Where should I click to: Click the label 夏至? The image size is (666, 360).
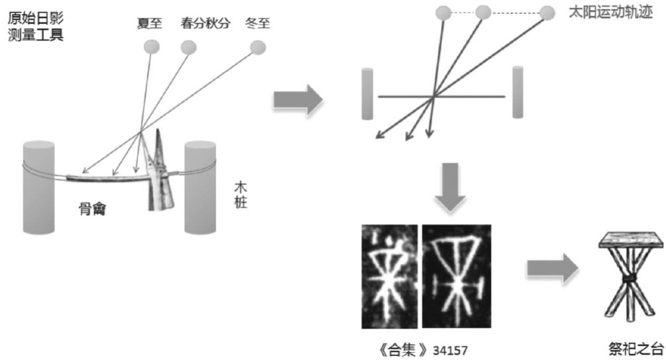tap(151, 23)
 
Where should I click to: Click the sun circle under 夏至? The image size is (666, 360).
tap(152, 46)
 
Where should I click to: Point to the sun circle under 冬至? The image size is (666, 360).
tap(257, 46)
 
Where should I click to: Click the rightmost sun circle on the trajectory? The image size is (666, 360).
tap(547, 13)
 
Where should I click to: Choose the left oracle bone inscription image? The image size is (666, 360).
tap(389, 275)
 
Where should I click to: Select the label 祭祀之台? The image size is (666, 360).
tap(636, 349)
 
